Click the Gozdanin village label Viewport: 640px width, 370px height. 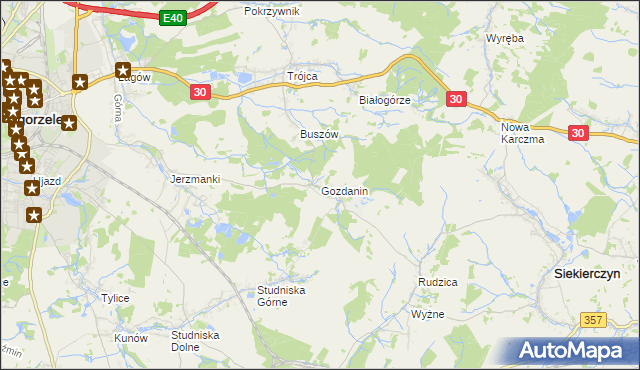(345, 190)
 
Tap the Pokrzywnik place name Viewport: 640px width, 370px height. (272, 11)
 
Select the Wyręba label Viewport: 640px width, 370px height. (505, 38)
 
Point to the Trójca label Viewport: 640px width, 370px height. (302, 76)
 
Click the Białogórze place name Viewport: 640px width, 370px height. (385, 101)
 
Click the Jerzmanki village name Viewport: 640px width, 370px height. (195, 179)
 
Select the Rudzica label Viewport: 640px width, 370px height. (437, 282)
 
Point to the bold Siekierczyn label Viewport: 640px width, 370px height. (588, 273)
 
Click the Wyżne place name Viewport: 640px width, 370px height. (428, 314)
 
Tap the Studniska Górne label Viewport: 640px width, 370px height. (281, 295)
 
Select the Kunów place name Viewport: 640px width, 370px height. (131, 338)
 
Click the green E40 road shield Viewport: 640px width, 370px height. (173, 17)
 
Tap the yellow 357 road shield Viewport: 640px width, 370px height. (593, 319)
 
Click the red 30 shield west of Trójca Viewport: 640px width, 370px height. (200, 92)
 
